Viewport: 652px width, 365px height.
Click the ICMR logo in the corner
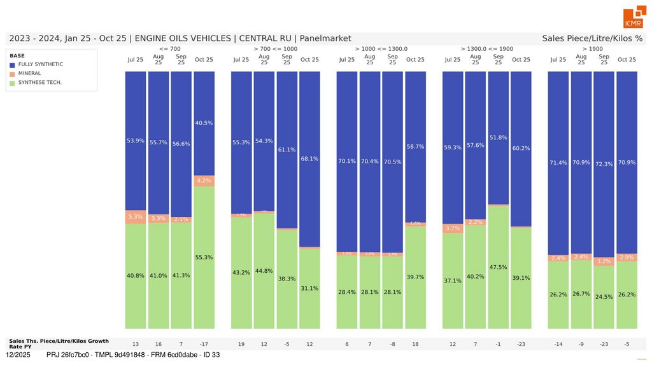tap(634, 18)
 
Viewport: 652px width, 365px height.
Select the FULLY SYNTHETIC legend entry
tap(40, 64)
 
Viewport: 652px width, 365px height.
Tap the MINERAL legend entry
tap(29, 73)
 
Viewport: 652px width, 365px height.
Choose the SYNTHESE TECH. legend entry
tap(39, 82)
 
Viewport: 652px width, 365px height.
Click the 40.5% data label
tap(204, 123)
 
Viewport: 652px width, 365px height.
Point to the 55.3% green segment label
tap(204, 258)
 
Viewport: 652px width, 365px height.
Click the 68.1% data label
tap(309, 159)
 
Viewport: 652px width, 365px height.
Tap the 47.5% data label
tap(498, 267)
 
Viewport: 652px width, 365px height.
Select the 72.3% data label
tap(604, 164)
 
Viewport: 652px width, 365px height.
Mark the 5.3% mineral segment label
tap(135, 216)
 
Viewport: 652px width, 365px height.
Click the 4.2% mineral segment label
tap(204, 181)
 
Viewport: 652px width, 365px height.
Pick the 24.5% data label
tap(604, 296)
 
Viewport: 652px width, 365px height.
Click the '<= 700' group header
tap(170, 49)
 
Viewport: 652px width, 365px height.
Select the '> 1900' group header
tap(592, 49)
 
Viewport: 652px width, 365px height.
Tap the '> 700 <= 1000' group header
tap(275, 49)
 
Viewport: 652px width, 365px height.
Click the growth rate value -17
tap(204, 344)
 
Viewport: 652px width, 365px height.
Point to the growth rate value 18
tap(415, 344)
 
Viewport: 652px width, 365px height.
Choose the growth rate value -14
tap(558, 344)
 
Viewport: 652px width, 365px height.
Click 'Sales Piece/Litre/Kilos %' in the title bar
tap(592, 39)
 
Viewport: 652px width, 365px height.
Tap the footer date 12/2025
tap(18, 354)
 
